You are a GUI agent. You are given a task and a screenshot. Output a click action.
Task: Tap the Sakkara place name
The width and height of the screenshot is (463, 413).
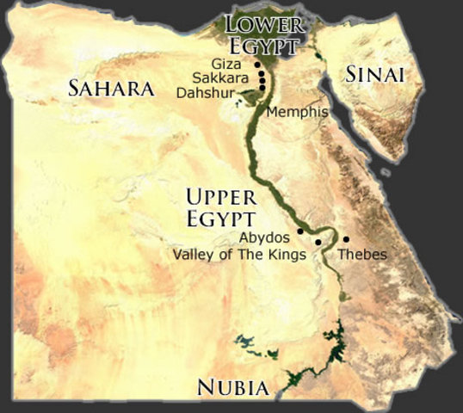point(229,77)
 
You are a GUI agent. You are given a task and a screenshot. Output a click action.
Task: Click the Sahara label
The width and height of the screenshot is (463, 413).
point(112,88)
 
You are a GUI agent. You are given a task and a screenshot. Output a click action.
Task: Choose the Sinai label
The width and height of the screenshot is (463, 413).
point(374,75)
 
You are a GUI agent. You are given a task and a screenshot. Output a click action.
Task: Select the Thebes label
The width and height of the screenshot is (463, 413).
point(362,255)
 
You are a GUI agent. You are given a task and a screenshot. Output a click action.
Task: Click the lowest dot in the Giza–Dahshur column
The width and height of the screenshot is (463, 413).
point(262,86)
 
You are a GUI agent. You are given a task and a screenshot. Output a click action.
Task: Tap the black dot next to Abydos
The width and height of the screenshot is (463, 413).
point(299,231)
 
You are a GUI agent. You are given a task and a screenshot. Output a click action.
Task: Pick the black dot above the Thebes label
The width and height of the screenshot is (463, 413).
point(346,238)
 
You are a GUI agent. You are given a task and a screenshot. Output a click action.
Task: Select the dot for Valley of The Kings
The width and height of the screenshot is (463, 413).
point(318,243)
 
